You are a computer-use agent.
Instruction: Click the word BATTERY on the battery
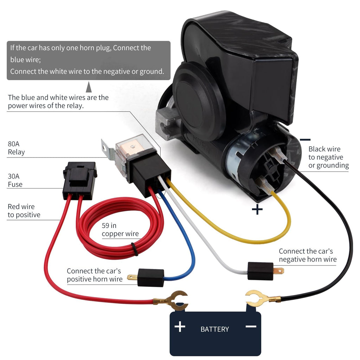pyautogui.click(x=215, y=329)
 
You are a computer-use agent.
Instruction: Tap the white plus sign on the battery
pyautogui.click(x=180, y=327)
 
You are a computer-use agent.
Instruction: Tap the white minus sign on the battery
pyautogui.click(x=251, y=327)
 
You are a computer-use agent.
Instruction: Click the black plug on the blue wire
pyautogui.click(x=150, y=278)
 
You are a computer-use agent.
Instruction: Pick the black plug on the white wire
pyautogui.click(x=261, y=271)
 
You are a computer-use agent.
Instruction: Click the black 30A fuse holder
pyautogui.click(x=80, y=180)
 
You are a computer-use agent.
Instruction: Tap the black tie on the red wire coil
pyautogui.click(x=135, y=249)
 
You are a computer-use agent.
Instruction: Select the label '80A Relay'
pyautogui.click(x=16, y=148)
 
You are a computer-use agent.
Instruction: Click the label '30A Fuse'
pyautogui.click(x=15, y=180)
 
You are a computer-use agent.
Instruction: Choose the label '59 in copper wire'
pyautogui.click(x=120, y=229)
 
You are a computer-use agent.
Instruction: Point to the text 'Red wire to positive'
pyautogui.click(x=24, y=211)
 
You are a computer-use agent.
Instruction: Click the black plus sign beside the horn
pyautogui.click(x=257, y=210)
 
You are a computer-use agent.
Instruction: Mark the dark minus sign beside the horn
pyautogui.click(x=305, y=140)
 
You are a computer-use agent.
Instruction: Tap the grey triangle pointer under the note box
pyautogui.click(x=89, y=87)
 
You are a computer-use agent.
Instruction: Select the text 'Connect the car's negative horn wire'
pyautogui.click(x=308, y=255)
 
